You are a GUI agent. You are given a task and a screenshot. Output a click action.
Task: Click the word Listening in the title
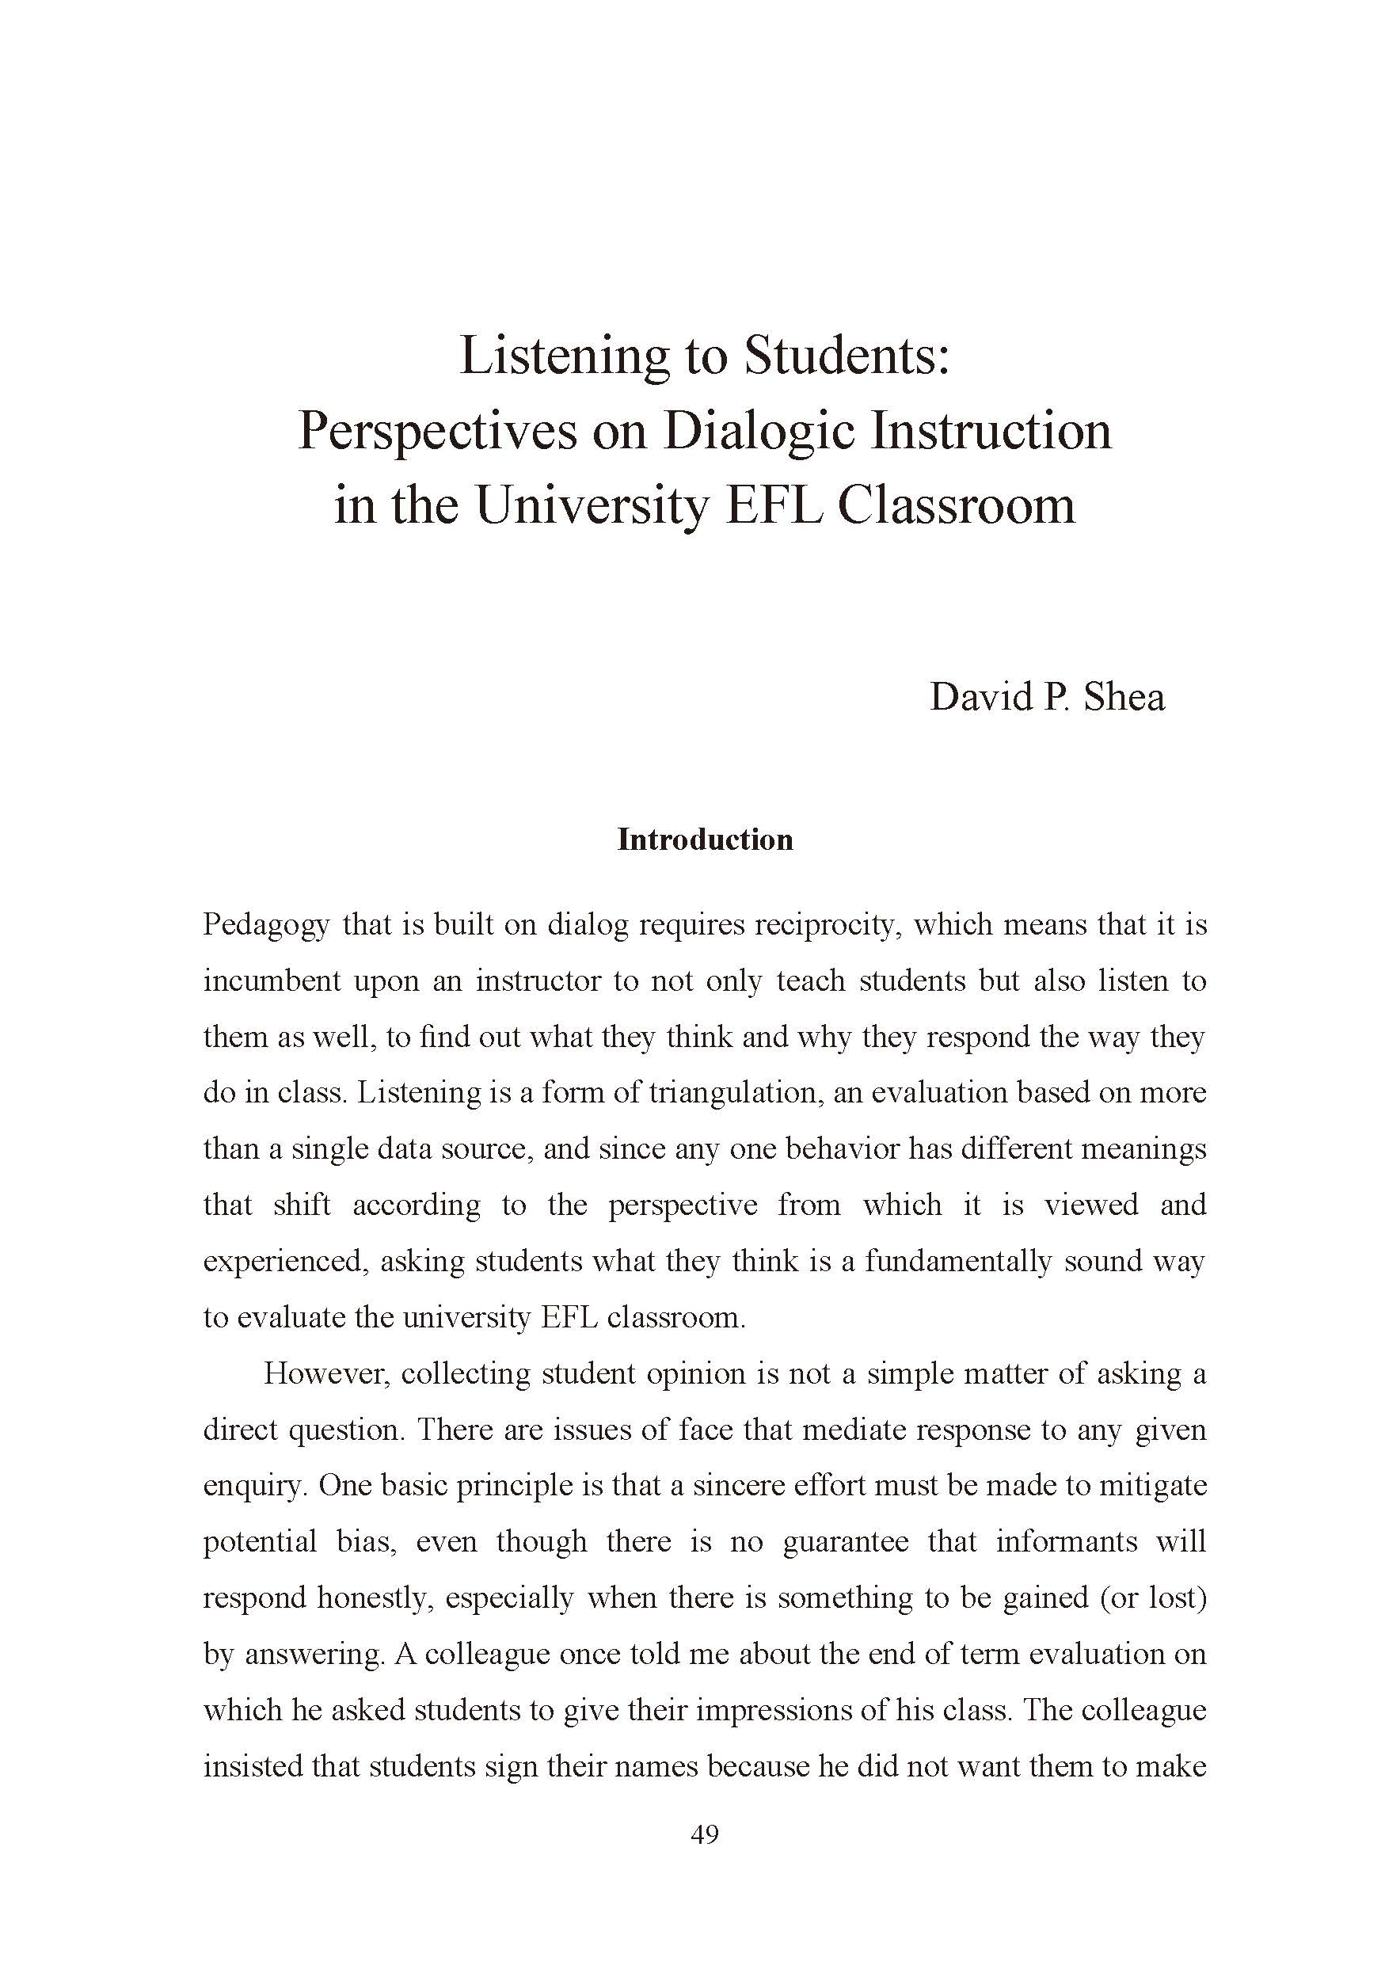(x=563, y=357)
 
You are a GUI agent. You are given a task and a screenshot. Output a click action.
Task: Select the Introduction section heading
(x=705, y=840)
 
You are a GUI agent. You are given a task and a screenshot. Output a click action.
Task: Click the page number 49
(x=704, y=1834)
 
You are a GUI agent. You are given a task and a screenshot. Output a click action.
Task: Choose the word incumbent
(x=270, y=981)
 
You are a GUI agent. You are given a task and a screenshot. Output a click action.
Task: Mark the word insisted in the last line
(x=252, y=1766)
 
